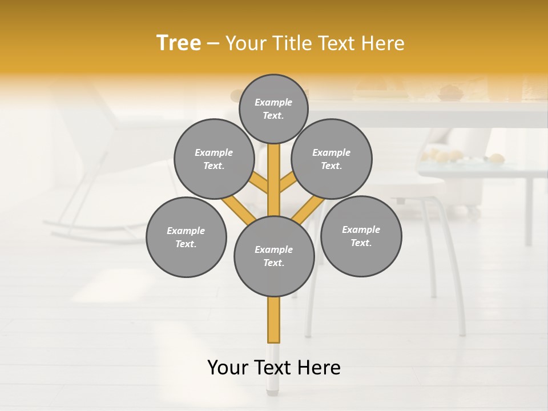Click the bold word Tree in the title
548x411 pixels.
pyautogui.click(x=179, y=43)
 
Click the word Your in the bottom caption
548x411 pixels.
pyautogui.click(x=228, y=368)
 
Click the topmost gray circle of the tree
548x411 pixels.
pyautogui.click(x=273, y=108)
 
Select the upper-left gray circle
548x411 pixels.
pyautogui.click(x=213, y=159)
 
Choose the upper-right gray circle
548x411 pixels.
pyautogui.click(x=331, y=159)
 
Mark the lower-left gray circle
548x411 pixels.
pyautogui.click(x=186, y=237)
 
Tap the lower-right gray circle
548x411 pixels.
pyautogui.click(x=361, y=236)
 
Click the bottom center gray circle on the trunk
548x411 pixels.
pyautogui.click(x=274, y=256)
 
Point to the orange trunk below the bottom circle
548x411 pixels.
pyautogui.click(x=274, y=320)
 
